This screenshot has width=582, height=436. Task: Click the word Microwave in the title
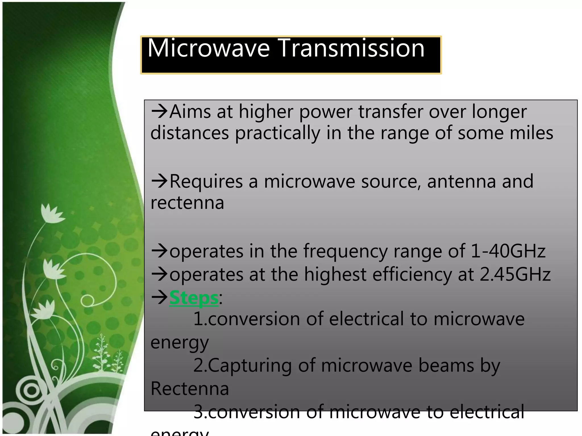(x=208, y=48)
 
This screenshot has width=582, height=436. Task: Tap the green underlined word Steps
(x=194, y=298)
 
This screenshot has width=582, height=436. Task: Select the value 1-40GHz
(x=508, y=251)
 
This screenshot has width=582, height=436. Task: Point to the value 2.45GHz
(x=515, y=274)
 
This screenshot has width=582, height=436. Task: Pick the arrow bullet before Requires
(x=159, y=181)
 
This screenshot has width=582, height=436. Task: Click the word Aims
(x=190, y=112)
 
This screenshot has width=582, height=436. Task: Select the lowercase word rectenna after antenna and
(x=187, y=203)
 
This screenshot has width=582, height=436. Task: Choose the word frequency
(x=345, y=252)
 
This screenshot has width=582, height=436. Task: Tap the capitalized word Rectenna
(x=190, y=389)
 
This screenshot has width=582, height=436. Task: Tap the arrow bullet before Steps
(x=159, y=298)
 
